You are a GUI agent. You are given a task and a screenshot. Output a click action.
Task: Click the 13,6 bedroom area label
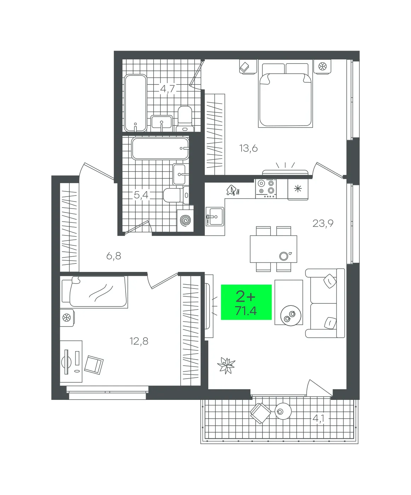point(248,148)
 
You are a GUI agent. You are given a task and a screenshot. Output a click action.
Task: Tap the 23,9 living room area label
point(323,223)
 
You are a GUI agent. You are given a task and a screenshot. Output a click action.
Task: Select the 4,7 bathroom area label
point(167,89)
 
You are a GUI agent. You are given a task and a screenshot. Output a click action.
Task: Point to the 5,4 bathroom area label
point(141,195)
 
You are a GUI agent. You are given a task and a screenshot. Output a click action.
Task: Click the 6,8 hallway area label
point(114,256)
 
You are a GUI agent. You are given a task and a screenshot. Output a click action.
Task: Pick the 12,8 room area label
point(139,341)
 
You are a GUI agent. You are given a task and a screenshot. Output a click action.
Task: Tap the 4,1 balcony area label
point(318,419)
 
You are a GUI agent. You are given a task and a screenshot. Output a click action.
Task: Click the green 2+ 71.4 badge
point(246,302)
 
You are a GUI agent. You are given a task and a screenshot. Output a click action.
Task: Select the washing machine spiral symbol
point(185,220)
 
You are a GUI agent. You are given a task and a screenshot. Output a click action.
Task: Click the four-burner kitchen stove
point(266,189)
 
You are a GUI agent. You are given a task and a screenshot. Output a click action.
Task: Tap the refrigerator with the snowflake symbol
point(298,189)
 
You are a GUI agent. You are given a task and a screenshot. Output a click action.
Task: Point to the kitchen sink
point(215,216)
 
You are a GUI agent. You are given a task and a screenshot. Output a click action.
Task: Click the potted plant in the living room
point(226,365)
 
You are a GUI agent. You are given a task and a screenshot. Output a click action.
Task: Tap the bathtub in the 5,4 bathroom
point(160,148)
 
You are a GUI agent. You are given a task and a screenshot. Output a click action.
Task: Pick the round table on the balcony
point(283,411)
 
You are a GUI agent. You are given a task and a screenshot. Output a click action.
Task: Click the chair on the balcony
point(260,413)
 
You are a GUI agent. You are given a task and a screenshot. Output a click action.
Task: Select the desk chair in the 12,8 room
point(94,365)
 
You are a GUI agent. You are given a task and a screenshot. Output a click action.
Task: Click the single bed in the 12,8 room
point(94,292)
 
